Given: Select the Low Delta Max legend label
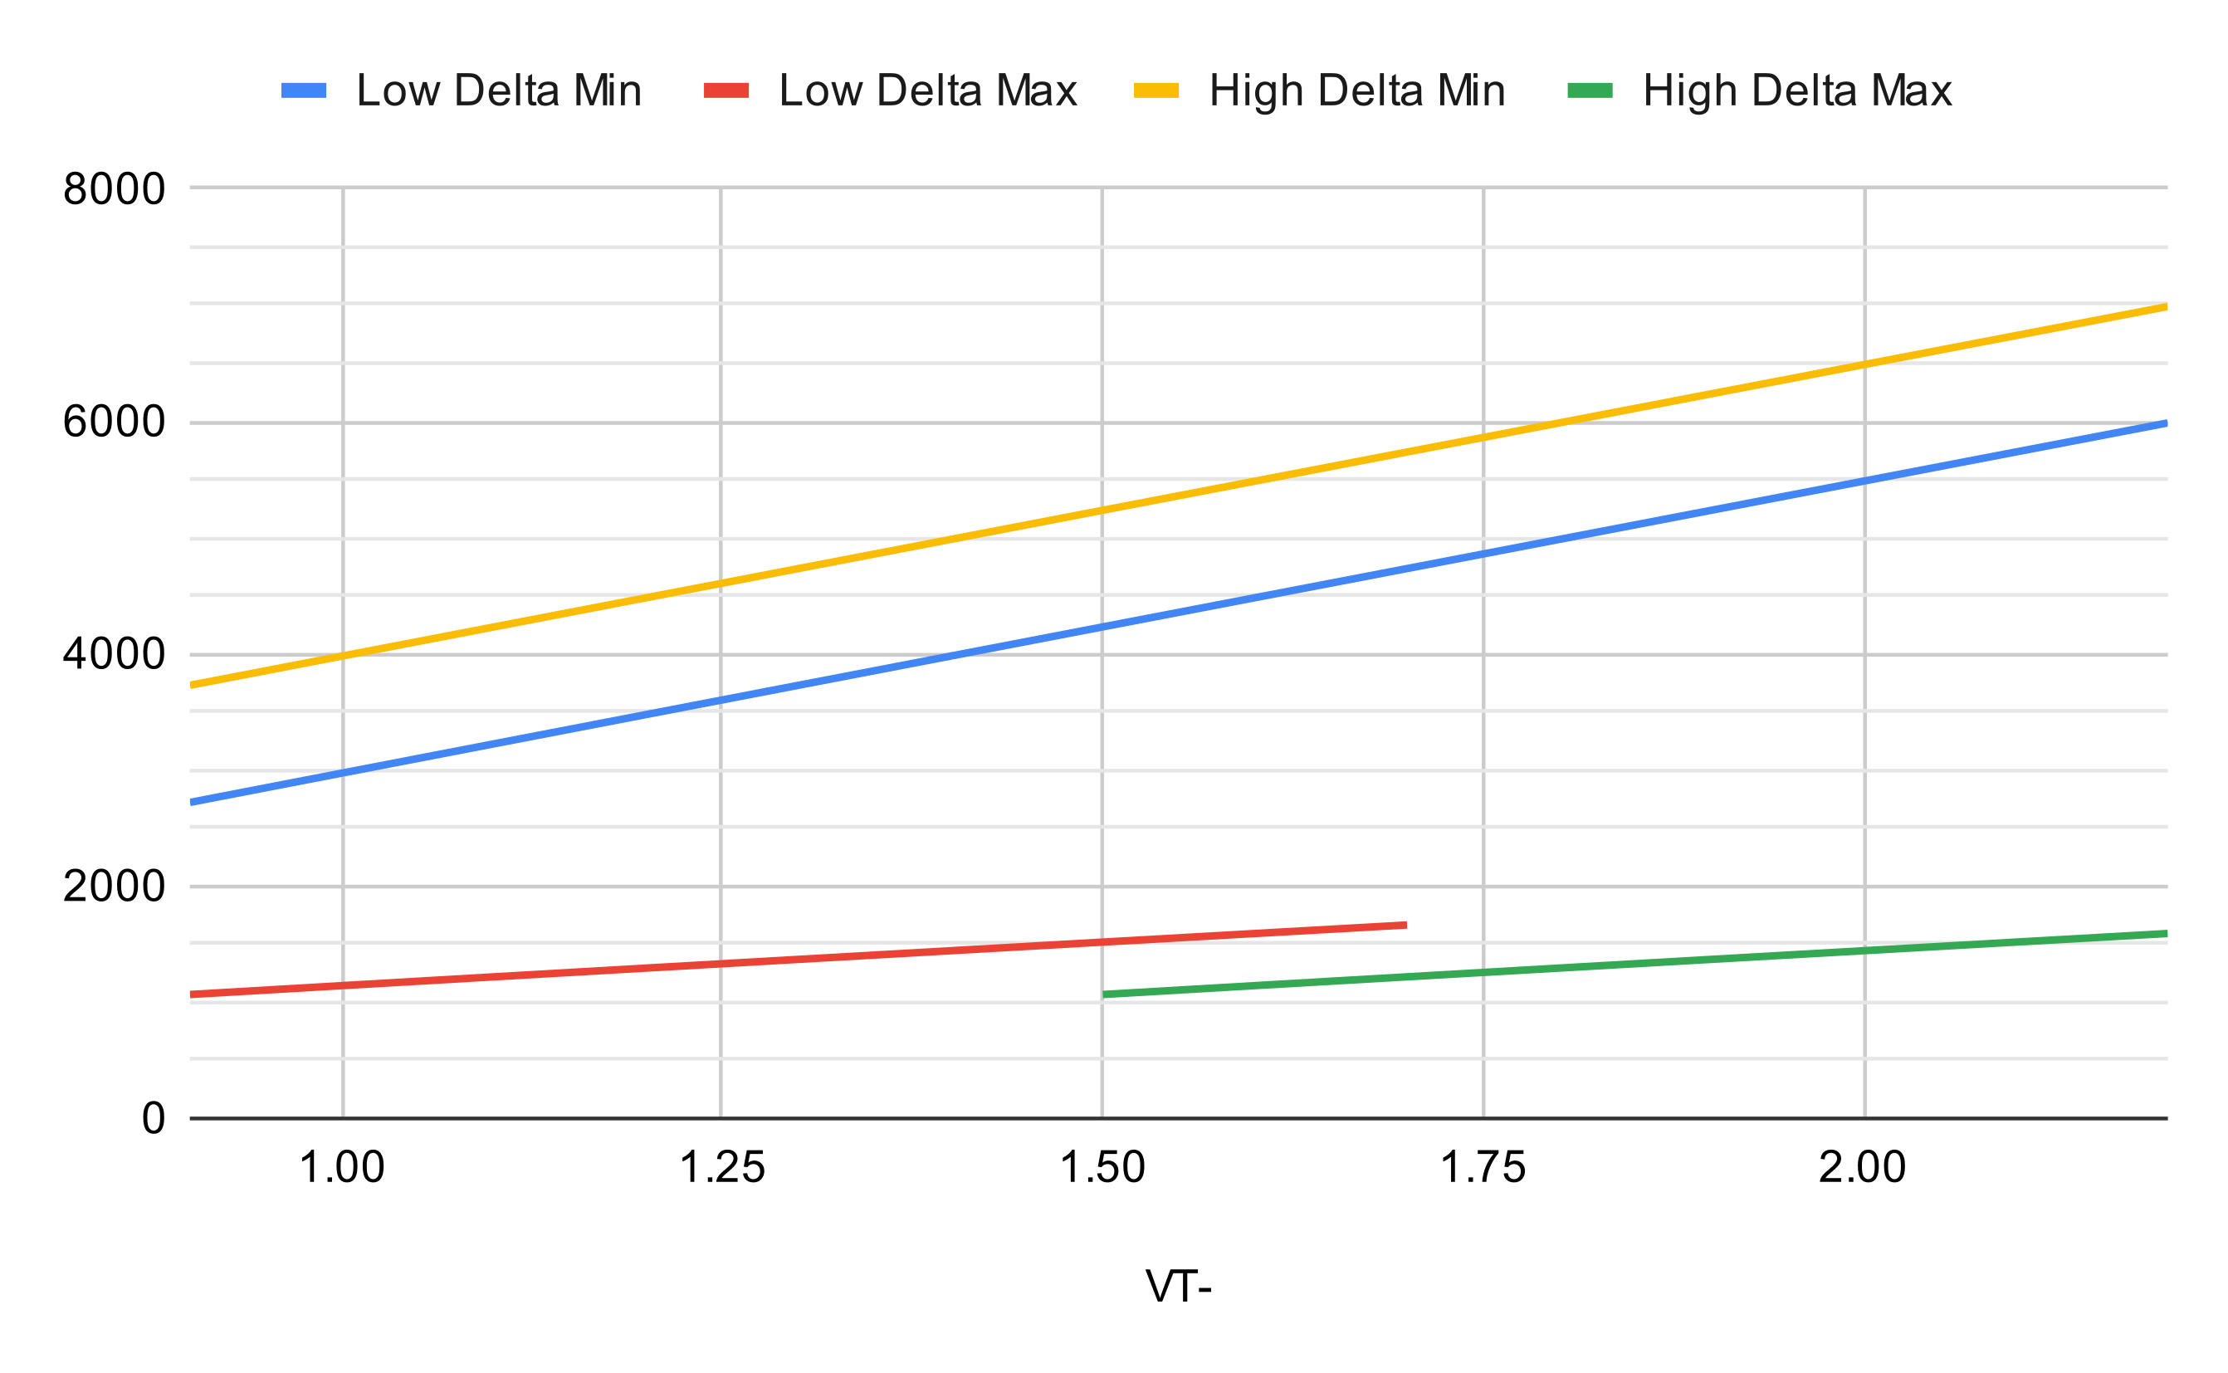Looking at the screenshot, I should (x=927, y=90).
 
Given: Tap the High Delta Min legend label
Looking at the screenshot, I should (x=1356, y=90).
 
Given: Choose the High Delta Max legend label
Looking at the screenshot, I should (x=1796, y=90).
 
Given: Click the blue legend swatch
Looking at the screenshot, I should (x=303, y=90).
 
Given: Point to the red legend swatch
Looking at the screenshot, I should (x=726, y=90).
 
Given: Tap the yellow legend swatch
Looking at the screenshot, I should (x=1156, y=90).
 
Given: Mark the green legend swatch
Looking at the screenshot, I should (x=1590, y=90).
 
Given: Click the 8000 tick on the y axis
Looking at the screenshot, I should (x=114, y=189).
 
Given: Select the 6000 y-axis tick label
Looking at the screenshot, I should (x=114, y=422).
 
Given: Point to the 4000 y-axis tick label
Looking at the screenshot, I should (x=114, y=654).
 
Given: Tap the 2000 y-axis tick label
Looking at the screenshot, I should (x=114, y=887).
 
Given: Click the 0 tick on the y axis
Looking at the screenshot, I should (x=154, y=1119).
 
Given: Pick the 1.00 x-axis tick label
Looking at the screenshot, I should (x=342, y=1168).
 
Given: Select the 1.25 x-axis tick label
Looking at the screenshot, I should (x=722, y=1168).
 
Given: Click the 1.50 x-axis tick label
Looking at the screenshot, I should (x=1102, y=1168).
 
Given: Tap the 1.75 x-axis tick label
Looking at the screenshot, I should (x=1483, y=1168).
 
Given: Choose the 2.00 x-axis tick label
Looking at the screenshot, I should (x=1862, y=1168).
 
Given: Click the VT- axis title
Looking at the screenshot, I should (x=1179, y=1287).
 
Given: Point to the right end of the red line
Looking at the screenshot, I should (x=1405, y=926).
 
